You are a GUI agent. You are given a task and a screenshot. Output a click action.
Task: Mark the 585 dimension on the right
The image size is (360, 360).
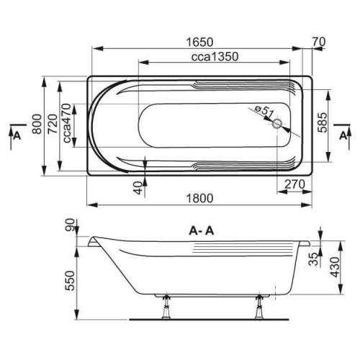pos(323,122)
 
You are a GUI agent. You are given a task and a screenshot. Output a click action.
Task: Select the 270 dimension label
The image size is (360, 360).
pos(291,185)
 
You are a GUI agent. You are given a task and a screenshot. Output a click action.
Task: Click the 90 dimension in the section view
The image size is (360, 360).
pos(70,229)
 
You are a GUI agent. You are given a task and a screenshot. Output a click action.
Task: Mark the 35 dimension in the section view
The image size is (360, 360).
pos(312,261)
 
